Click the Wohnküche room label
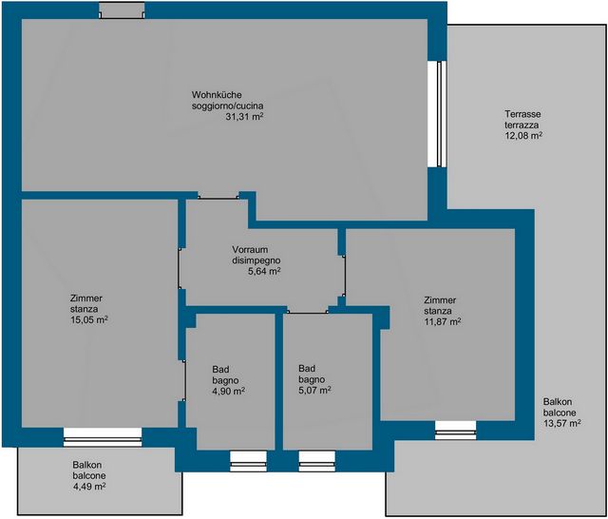[217, 95]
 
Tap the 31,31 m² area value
[245, 116]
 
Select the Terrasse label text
[522, 114]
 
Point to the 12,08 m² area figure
[523, 135]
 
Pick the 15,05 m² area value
[88, 320]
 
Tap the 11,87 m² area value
[443, 321]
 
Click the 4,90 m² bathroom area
[228, 391]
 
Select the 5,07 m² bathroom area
[314, 390]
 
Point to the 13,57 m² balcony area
[561, 423]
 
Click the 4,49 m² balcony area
[89, 486]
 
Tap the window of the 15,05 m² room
[103, 437]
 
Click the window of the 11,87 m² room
[456, 431]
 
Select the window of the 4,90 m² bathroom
[248, 461]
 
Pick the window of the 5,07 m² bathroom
[316, 461]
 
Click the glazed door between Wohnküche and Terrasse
[437, 114]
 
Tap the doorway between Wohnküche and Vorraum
[218, 196]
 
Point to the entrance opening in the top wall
[122, 10]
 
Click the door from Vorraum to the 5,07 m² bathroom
[308, 311]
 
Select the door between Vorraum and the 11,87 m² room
[343, 276]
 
